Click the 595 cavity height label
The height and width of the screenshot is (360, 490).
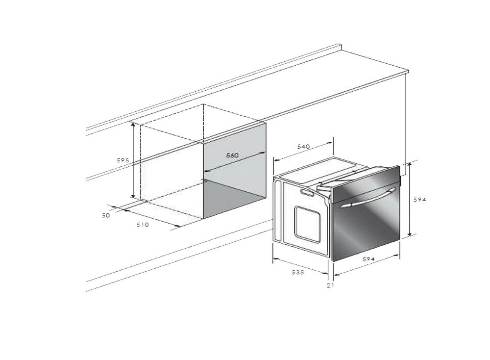[123, 160]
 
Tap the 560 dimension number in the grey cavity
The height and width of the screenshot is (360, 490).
[232, 155]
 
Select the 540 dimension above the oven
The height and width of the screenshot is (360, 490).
[303, 146]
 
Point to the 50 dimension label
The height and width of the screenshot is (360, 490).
[106, 215]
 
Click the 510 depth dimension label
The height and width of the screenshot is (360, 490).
[143, 225]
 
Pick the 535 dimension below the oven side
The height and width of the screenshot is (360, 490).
[298, 272]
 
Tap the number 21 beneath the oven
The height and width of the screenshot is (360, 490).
[331, 285]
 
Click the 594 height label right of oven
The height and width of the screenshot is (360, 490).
[420, 200]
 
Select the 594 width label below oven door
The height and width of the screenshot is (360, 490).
[369, 259]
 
